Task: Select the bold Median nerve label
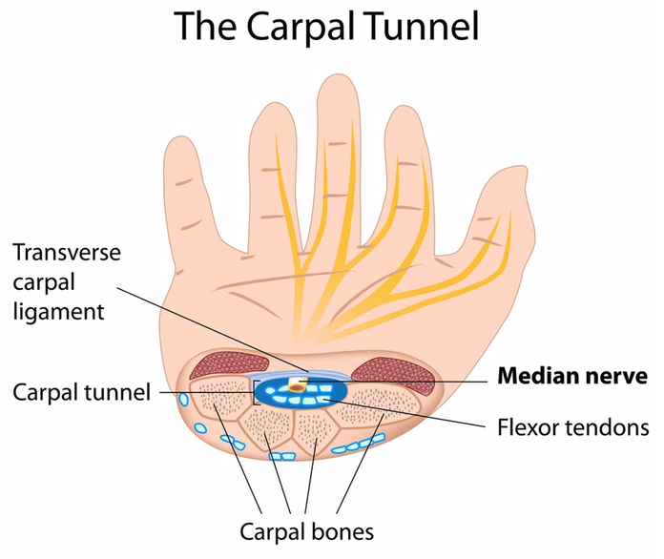(571, 375)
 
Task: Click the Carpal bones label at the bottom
(306, 529)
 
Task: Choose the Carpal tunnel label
(82, 392)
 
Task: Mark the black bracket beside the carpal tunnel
(255, 392)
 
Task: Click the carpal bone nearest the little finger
(209, 404)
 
